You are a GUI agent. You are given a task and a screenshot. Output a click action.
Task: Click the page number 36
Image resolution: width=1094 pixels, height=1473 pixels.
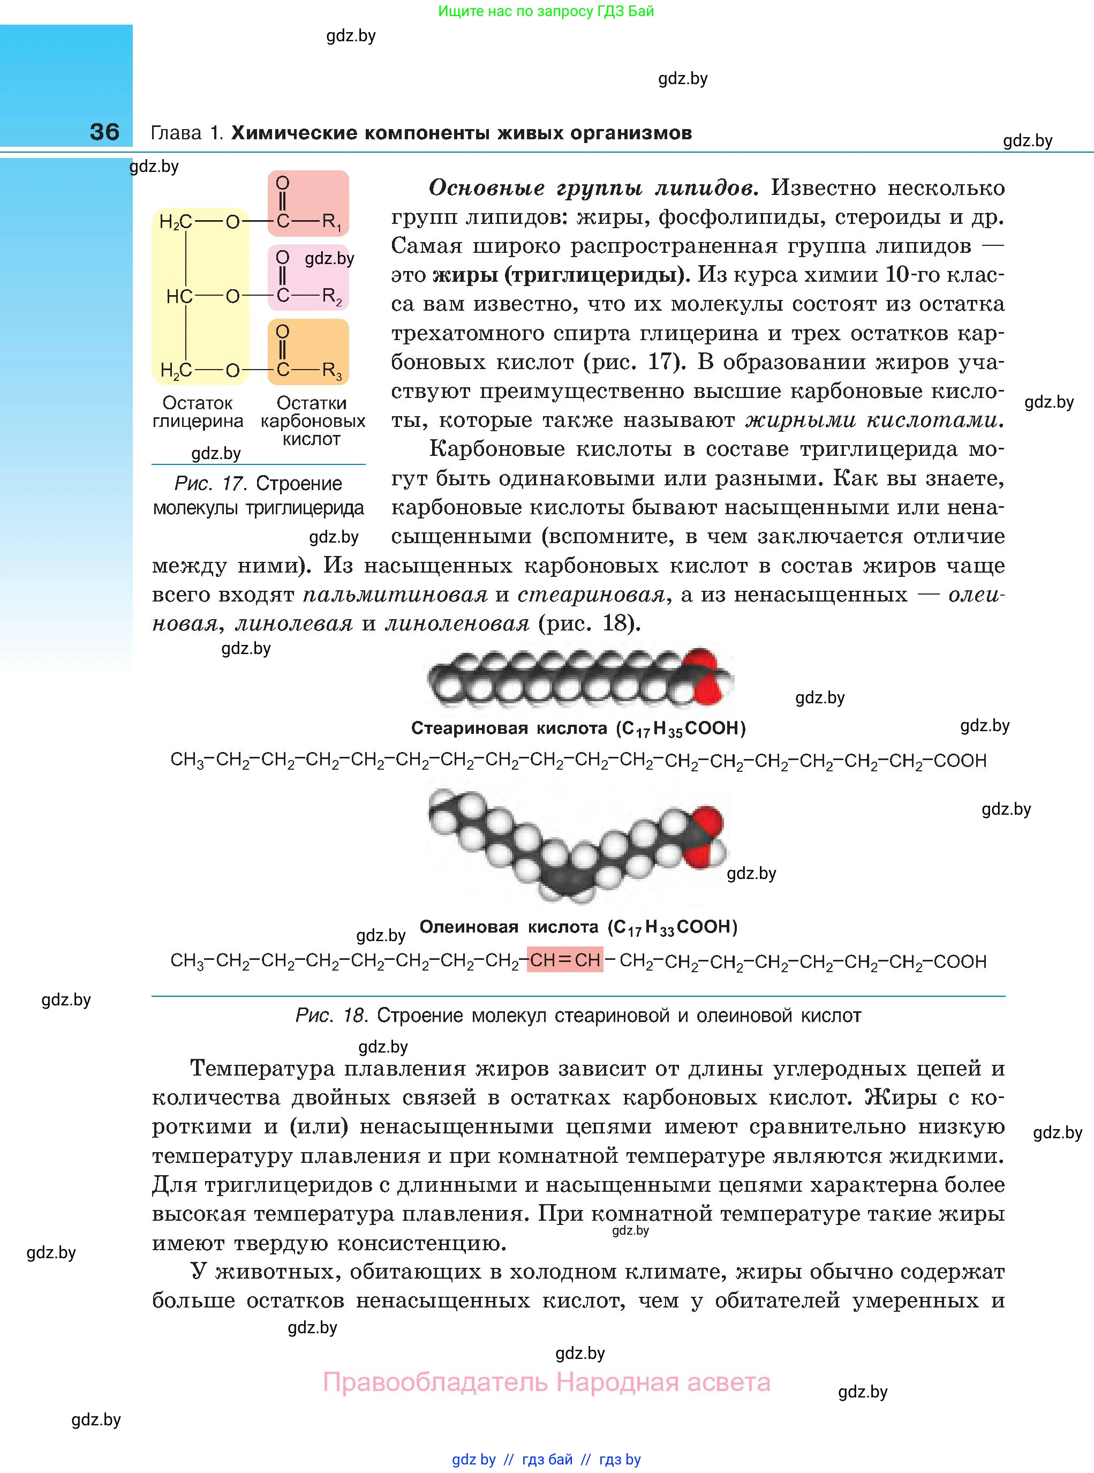click(x=104, y=132)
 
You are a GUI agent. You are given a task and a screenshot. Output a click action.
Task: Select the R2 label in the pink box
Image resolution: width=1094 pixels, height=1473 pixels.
click(x=331, y=297)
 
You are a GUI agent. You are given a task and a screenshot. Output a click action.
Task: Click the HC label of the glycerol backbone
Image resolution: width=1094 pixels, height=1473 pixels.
click(x=179, y=297)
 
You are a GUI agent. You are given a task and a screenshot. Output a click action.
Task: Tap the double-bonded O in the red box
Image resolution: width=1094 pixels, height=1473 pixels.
click(x=283, y=183)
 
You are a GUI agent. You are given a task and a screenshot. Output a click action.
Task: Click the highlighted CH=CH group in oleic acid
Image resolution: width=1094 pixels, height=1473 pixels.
click(x=565, y=960)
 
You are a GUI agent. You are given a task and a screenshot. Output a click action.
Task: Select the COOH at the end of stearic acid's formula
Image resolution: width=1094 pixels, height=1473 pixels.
click(x=960, y=761)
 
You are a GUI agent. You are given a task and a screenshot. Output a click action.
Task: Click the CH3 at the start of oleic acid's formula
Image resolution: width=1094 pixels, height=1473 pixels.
click(x=187, y=960)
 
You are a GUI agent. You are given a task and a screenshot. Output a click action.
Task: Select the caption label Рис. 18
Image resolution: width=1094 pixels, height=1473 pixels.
click(x=331, y=1016)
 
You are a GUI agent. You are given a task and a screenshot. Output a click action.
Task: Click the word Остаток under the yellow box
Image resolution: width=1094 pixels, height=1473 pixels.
click(x=198, y=403)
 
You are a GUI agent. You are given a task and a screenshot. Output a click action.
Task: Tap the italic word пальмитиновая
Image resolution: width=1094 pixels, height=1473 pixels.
click(x=395, y=595)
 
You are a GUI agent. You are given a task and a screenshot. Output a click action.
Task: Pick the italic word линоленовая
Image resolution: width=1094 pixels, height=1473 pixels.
click(x=457, y=623)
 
